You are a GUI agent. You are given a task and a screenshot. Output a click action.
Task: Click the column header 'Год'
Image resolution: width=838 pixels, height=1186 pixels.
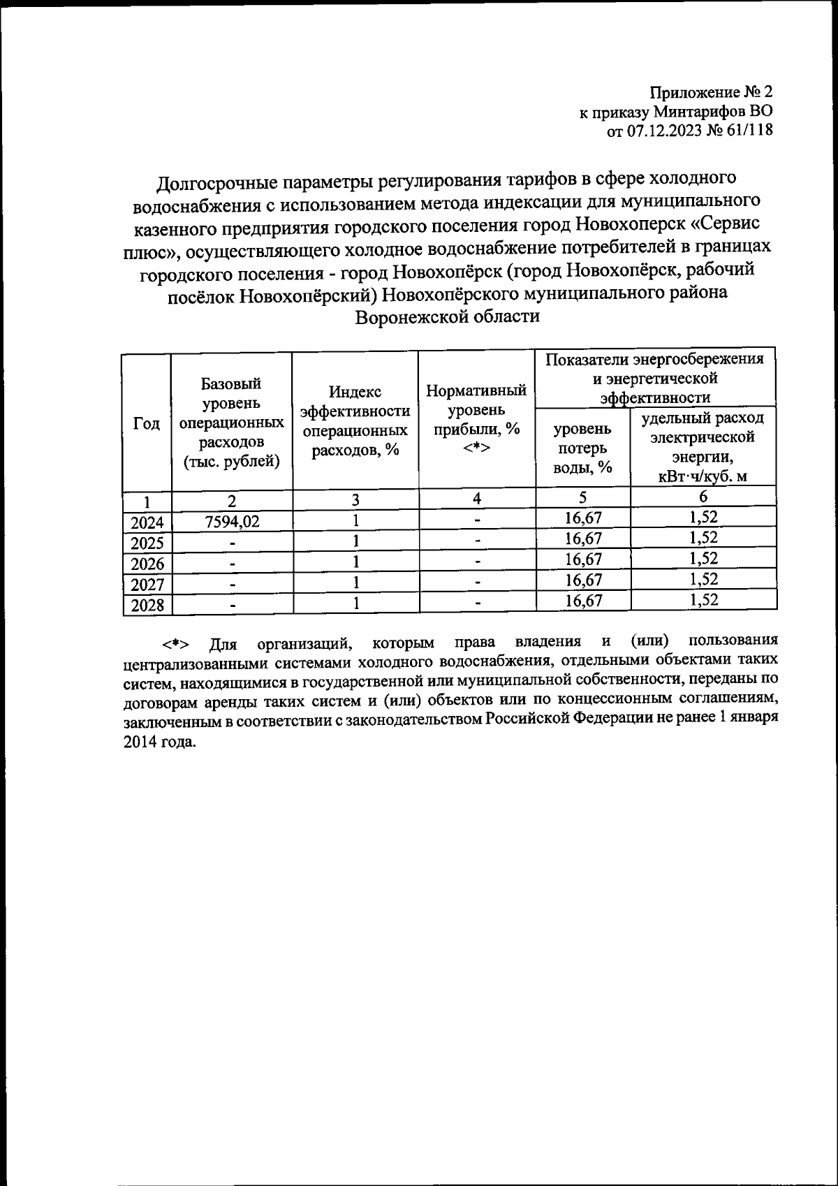tap(147, 424)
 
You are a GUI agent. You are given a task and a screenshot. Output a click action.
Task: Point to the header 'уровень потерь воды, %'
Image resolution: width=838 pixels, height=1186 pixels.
tap(582, 448)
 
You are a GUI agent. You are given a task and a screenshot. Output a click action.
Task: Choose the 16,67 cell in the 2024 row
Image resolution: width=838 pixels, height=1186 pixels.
tap(583, 518)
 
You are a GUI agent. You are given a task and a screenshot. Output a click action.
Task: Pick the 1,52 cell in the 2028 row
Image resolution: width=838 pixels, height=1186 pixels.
tap(703, 601)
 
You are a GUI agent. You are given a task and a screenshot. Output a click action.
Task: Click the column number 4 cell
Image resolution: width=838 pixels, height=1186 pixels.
tap(477, 499)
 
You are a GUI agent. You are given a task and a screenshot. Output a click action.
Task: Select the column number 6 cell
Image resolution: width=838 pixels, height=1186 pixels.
tap(703, 497)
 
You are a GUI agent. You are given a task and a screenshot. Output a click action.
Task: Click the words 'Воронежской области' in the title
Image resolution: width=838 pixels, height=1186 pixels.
tap(448, 316)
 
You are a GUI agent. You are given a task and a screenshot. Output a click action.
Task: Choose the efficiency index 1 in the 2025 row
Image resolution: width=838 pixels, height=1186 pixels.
tap(355, 541)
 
